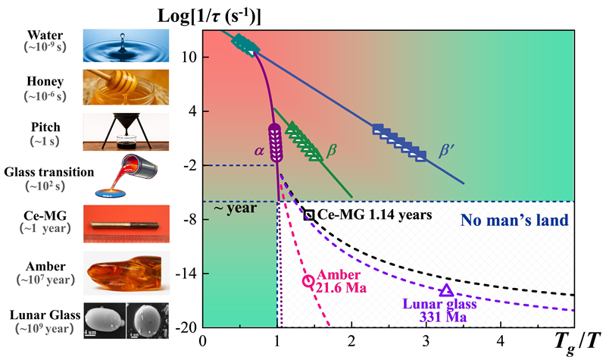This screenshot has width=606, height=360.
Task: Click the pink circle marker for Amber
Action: [x=308, y=281]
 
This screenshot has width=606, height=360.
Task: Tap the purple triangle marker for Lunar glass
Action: [x=446, y=291]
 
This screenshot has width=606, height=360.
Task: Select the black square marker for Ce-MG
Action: [x=309, y=214]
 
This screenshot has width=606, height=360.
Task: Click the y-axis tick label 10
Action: [x=189, y=58]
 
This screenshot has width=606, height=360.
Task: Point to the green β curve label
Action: [x=330, y=151]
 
